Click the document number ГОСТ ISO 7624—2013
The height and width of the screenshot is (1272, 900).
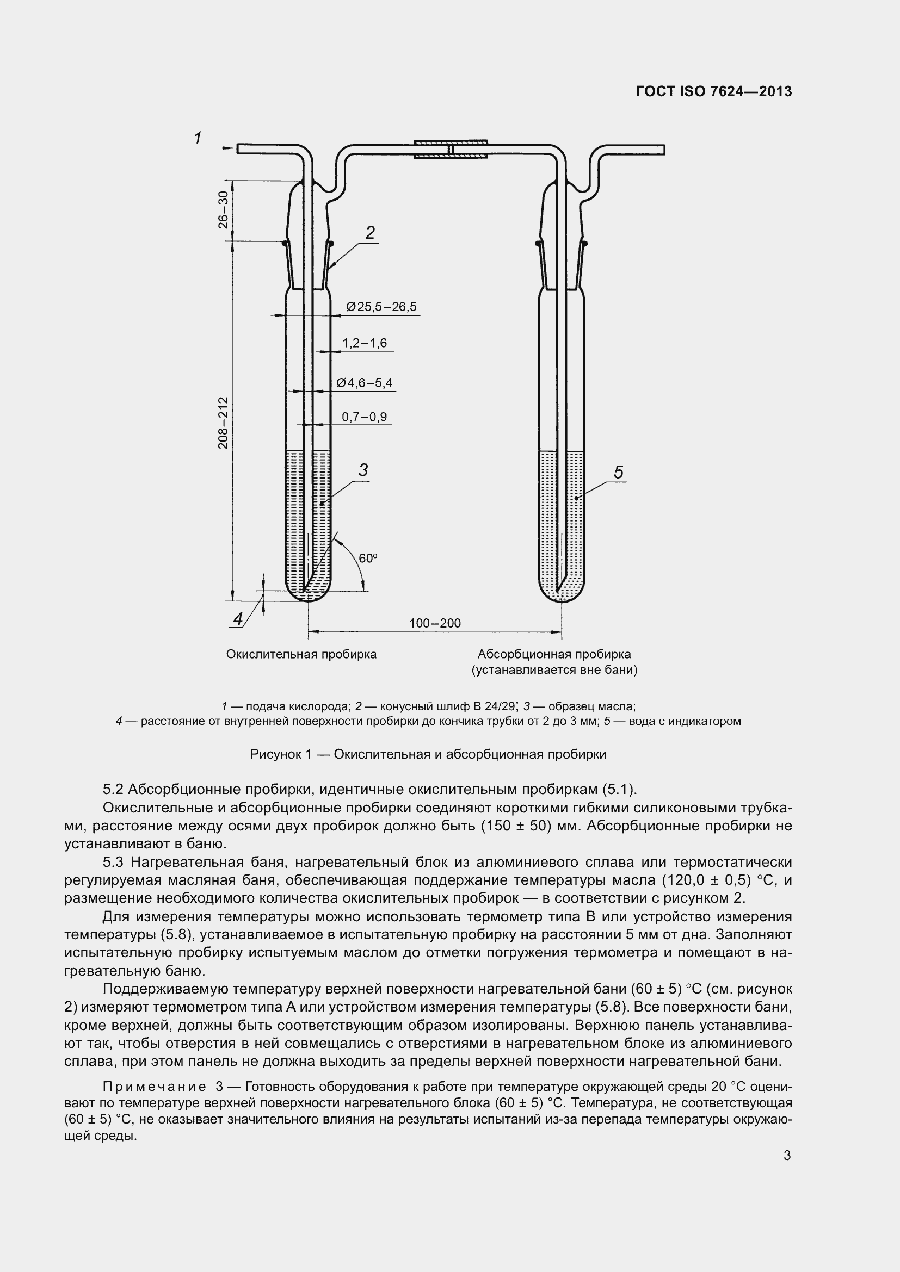(x=714, y=92)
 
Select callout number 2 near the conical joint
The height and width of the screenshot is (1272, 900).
(x=370, y=233)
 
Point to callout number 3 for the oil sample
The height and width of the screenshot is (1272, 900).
(x=363, y=470)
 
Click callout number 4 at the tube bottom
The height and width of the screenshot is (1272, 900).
(x=238, y=618)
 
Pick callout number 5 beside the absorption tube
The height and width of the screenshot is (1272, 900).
(x=619, y=472)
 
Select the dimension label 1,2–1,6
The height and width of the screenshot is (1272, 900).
(x=364, y=344)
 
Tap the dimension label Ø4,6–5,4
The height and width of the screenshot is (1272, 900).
(x=364, y=383)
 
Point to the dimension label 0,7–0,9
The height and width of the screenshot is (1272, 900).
(x=364, y=417)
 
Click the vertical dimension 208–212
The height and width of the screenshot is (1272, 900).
(x=223, y=422)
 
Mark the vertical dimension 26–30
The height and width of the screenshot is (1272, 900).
(x=223, y=210)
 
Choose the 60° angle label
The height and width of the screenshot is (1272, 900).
(x=368, y=559)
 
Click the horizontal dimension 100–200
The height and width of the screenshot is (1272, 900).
(x=435, y=623)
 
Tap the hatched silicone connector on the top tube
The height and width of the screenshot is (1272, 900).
(x=451, y=150)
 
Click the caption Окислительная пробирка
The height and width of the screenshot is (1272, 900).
(x=301, y=654)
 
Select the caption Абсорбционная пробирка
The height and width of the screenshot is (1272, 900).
(x=554, y=654)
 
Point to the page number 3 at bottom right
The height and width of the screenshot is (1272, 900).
(x=787, y=1156)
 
